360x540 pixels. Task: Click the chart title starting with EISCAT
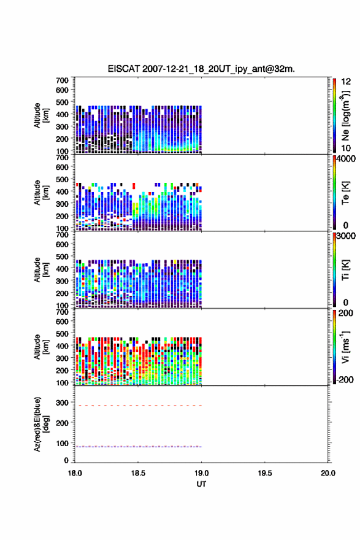pyautogui.click(x=201, y=69)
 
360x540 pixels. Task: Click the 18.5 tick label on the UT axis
pyautogui.click(x=138, y=473)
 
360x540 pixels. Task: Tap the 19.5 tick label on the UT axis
pyautogui.click(x=265, y=473)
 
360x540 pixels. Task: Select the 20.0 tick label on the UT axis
pyautogui.click(x=327, y=473)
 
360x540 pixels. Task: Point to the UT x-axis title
pyautogui.click(x=201, y=484)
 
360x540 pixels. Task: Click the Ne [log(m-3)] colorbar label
pyautogui.click(x=345, y=116)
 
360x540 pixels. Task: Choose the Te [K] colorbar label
pyautogui.click(x=345, y=193)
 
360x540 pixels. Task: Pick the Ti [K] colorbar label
pyautogui.click(x=345, y=269)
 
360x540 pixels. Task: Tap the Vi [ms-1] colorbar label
pyautogui.click(x=345, y=347)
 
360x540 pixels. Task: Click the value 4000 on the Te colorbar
pyautogui.click(x=346, y=159)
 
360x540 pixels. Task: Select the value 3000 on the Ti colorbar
pyautogui.click(x=346, y=236)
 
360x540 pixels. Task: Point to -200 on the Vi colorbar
pyautogui.click(x=345, y=379)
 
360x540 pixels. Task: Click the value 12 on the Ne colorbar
pyautogui.click(x=346, y=82)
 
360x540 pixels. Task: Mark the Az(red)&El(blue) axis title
pyautogui.click(x=40, y=424)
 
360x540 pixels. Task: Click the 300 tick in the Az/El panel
pyautogui.click(x=62, y=403)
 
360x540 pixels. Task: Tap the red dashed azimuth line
pyautogui.click(x=139, y=406)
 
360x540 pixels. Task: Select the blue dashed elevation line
pyautogui.click(x=139, y=447)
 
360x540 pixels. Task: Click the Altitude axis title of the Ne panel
pyautogui.click(x=40, y=115)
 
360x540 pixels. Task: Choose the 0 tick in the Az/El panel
pyautogui.click(x=66, y=460)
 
